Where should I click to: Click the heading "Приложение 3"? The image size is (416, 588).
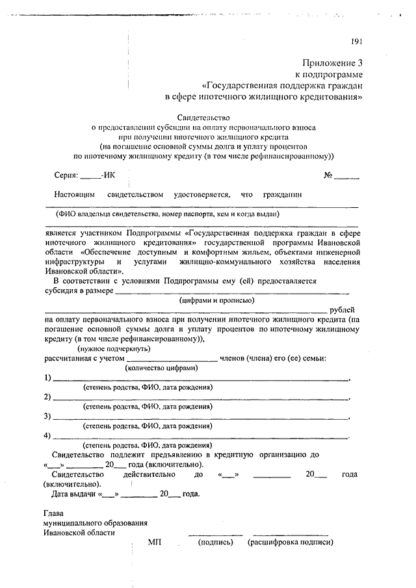[x=331, y=63]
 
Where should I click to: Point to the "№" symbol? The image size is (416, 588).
[x=328, y=175]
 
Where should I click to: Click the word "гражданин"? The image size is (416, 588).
[x=282, y=194]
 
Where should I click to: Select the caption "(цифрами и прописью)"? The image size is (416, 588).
[x=216, y=301]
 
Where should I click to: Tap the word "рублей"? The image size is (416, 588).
[x=343, y=311]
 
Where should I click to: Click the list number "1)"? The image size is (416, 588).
[x=48, y=378]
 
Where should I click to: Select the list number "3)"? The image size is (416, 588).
[x=48, y=416]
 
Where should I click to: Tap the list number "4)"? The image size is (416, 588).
[x=48, y=435]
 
